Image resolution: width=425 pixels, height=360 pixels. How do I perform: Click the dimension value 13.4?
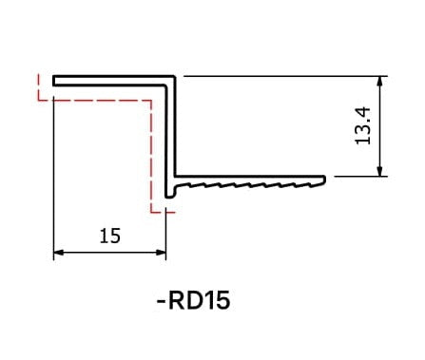click(x=362, y=125)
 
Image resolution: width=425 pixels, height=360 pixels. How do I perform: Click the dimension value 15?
click(x=110, y=236)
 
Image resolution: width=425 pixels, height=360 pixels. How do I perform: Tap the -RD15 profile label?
click(x=193, y=300)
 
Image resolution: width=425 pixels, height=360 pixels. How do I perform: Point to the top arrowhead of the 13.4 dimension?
click(x=380, y=82)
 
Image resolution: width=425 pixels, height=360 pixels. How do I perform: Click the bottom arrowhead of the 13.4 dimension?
click(x=380, y=171)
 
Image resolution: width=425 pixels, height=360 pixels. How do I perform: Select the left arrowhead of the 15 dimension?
click(x=59, y=253)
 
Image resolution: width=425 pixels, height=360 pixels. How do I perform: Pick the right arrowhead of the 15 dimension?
click(x=161, y=253)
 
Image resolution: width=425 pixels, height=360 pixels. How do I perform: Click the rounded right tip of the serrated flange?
click(x=324, y=180)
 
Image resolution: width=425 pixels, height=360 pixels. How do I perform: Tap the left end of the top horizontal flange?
click(x=53, y=81)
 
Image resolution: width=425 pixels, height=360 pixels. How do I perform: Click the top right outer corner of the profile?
click(x=174, y=76)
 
